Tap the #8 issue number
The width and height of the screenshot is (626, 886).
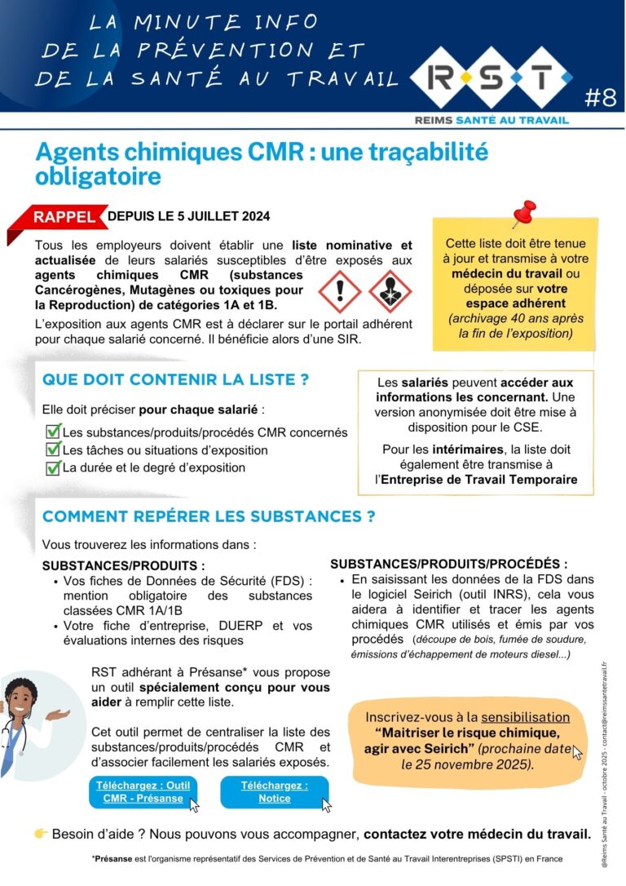point(602,98)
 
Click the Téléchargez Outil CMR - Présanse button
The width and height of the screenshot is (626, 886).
point(143,791)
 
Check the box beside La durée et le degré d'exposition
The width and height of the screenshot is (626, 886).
point(54,467)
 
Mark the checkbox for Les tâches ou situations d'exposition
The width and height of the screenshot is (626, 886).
point(54,450)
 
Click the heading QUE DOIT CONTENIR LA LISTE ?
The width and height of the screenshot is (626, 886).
point(175,379)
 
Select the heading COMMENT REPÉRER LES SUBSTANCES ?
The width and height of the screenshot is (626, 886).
point(209,516)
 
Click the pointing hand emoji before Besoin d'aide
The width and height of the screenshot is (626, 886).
point(42,833)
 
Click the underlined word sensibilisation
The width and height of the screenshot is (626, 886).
point(525,717)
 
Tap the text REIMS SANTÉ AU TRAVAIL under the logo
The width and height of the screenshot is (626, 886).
point(492,120)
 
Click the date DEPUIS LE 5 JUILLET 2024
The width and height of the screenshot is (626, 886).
point(188,216)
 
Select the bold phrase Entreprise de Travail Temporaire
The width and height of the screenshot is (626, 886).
point(478,479)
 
